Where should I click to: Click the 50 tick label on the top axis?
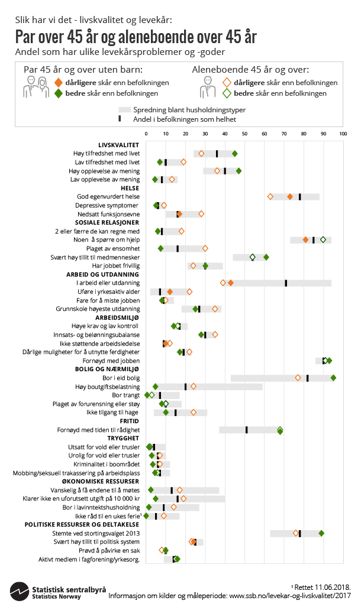coord(244,134)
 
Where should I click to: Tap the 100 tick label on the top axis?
coord(342,134)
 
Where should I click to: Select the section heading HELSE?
coord(130,188)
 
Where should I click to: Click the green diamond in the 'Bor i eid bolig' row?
coord(333,378)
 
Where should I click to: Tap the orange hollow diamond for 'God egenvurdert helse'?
coord(270,196)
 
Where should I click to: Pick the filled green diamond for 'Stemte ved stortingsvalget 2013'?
coord(321,533)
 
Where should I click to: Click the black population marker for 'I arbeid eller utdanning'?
coord(286,283)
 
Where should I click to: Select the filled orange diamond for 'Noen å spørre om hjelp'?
coord(305,239)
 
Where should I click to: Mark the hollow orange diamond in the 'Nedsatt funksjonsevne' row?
coord(201,214)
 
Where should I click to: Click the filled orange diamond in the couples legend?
coord(58,83)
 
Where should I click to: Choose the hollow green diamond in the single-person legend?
coord(226,93)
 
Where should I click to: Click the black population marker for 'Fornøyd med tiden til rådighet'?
coord(246,430)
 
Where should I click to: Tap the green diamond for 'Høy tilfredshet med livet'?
coord(234,154)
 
